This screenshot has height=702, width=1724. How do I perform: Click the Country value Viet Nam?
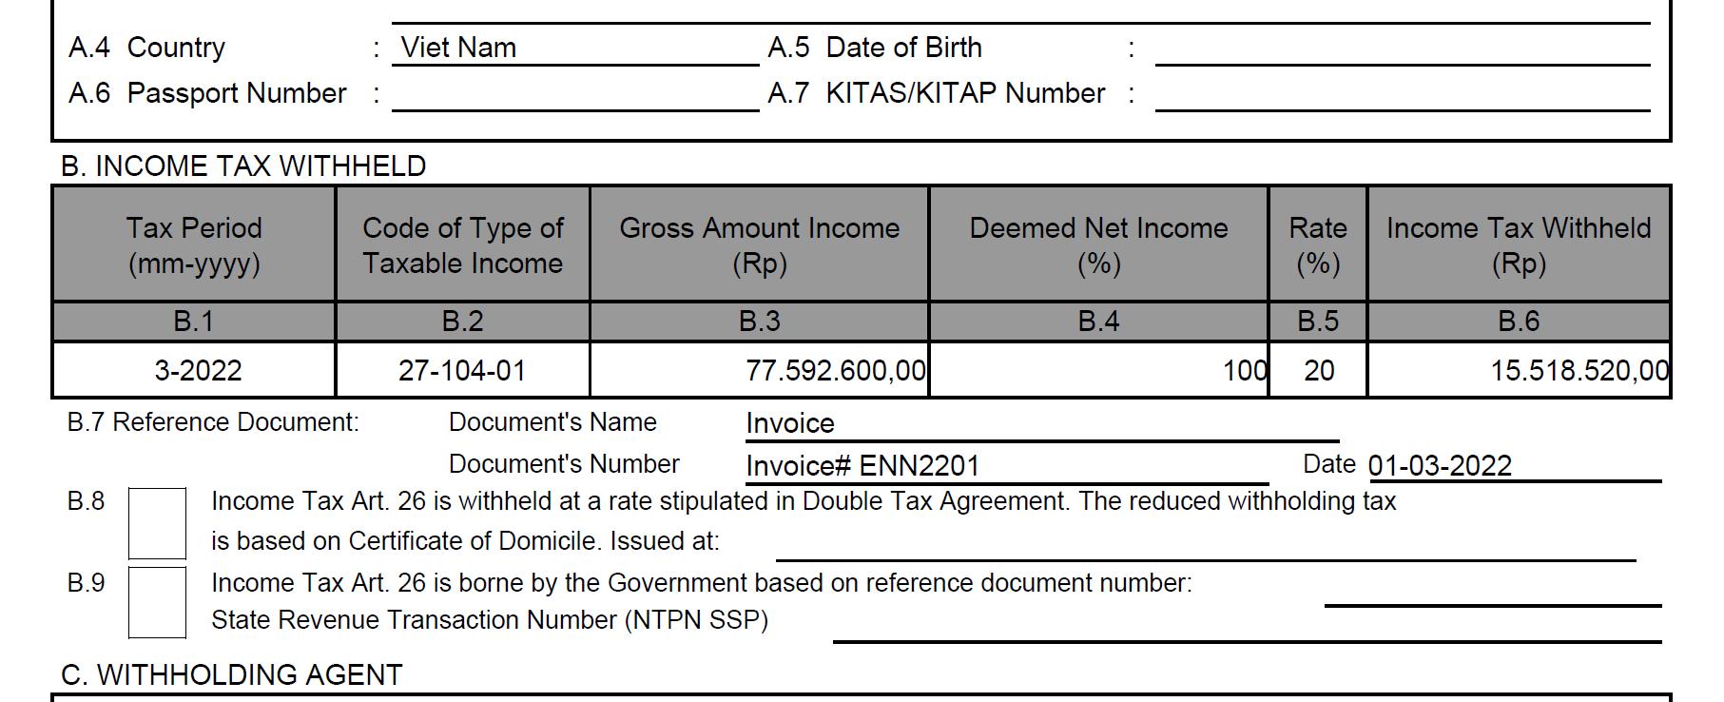458,48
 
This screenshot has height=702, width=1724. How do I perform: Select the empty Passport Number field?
574,94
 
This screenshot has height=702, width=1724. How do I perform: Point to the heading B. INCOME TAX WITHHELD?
243,166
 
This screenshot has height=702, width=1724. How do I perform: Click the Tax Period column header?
194,244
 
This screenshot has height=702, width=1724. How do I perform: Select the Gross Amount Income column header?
759,244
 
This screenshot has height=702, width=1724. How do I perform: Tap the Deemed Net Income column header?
1098,244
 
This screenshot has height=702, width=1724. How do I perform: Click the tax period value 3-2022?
198,370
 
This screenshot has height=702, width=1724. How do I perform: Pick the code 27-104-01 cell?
462,370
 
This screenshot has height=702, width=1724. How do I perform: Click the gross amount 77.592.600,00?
835,370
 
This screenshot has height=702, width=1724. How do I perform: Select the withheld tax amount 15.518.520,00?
1579,370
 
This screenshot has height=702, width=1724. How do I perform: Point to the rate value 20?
1319,370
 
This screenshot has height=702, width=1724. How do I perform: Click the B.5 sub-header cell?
1318,322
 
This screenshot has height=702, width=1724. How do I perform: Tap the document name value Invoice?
790,423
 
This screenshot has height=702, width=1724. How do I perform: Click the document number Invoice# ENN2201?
862,466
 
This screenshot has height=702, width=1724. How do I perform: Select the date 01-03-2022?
1440,466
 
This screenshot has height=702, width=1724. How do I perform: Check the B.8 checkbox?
157,523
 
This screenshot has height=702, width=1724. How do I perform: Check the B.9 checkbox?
157,602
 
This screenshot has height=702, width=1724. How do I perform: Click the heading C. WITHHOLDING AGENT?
232,675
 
